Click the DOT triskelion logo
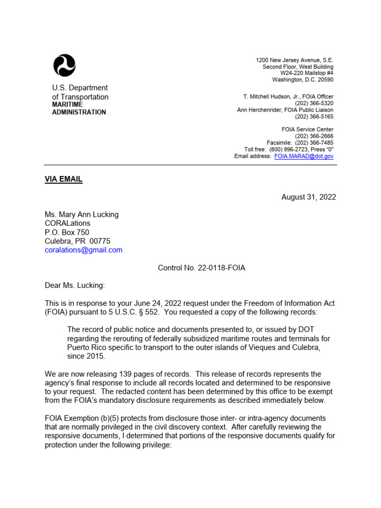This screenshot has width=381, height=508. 64,65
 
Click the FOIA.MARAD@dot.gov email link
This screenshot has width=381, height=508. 304,156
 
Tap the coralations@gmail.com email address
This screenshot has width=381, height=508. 83,250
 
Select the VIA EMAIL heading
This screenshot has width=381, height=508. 63,180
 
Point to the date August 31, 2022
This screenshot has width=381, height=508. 309,197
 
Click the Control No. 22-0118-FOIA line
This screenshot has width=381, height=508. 201,268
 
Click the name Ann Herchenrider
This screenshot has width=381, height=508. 260,110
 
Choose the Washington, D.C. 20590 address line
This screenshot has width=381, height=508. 303,80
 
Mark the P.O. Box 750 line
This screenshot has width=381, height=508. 67,232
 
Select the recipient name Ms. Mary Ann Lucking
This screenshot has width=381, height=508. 82,214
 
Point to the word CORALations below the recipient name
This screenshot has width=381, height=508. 67,223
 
